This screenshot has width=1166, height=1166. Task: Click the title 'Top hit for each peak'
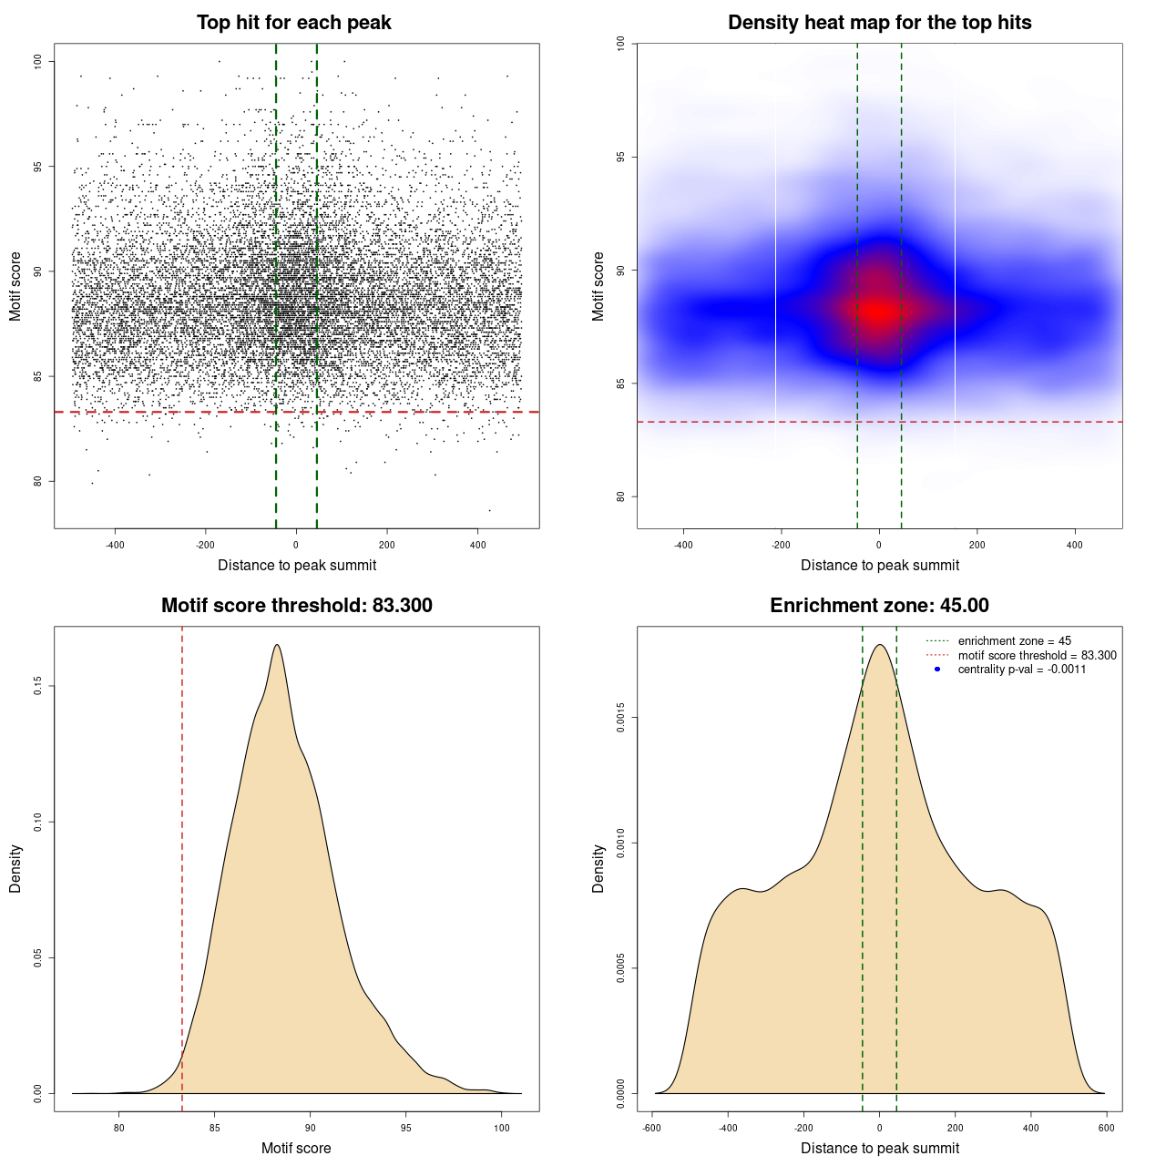[293, 23]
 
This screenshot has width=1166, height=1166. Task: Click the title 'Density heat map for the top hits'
[879, 23]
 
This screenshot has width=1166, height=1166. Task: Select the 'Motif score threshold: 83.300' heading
[296, 606]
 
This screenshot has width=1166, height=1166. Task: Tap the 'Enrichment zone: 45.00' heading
[879, 606]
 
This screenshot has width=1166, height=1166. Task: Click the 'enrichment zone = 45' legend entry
[1014, 641]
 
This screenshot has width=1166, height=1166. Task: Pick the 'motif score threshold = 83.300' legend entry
[1037, 656]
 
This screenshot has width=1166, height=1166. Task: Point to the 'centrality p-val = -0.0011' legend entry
[1021, 670]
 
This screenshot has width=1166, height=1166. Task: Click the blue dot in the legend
[937, 670]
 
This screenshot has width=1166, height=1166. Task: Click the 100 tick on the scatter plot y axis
[38, 61]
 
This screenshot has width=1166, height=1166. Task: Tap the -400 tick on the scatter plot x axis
[115, 545]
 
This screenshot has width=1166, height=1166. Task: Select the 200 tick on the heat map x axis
[977, 545]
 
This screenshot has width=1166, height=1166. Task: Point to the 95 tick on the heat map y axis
[621, 157]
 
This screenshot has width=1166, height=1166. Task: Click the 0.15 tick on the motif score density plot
[38, 686]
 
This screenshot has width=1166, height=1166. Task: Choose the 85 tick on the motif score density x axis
[214, 1128]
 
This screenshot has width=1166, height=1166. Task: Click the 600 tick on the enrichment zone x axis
[1106, 1128]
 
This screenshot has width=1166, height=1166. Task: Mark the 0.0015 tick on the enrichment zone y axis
[621, 718]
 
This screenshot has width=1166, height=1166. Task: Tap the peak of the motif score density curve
[277, 645]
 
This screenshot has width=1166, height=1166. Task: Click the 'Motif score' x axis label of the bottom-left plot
[296, 1148]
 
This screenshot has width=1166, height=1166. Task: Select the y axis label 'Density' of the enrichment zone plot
[598, 868]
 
